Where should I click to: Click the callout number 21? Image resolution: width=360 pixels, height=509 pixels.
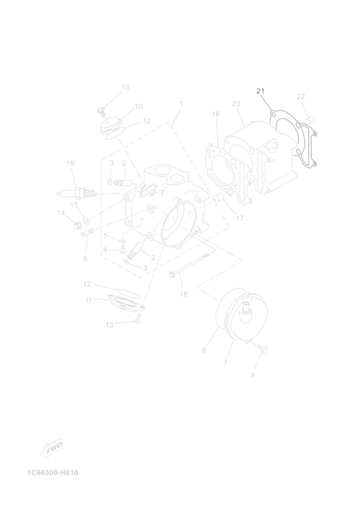click(260, 91)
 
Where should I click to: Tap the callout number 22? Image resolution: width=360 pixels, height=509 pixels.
click(301, 96)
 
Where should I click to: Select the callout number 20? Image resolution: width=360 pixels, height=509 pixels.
click(236, 104)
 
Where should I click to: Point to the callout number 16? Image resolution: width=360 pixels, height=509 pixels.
click(216, 114)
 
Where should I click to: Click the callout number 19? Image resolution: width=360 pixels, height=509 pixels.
click(71, 163)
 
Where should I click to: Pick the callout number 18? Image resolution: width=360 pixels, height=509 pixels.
click(183, 294)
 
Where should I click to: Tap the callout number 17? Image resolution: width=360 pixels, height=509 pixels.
click(240, 219)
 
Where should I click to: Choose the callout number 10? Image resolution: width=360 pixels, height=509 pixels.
click(139, 107)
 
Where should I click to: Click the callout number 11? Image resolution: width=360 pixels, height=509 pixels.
click(89, 301)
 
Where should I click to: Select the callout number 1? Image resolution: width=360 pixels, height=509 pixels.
click(181, 103)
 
